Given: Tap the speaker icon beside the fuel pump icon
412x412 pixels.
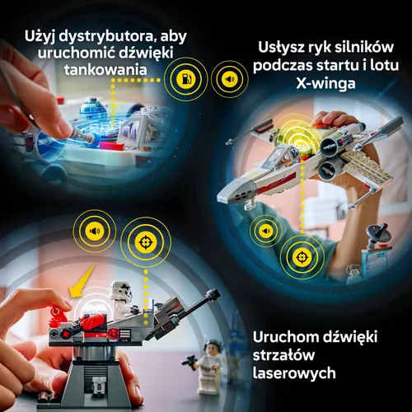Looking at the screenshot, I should (x=228, y=80).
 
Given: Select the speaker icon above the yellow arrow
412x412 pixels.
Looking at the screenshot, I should (x=93, y=232).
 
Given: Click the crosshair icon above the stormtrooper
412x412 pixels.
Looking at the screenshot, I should (x=142, y=246).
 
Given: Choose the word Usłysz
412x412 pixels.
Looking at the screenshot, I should (x=281, y=47).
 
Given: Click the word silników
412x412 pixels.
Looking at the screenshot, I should (x=364, y=47).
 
